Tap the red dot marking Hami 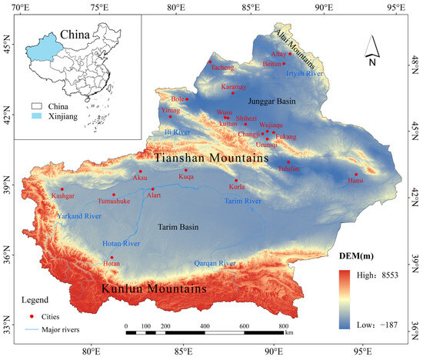click(x=356, y=175)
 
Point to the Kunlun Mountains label click(x=155, y=289)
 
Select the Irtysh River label click(x=305, y=74)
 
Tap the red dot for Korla click(x=236, y=180)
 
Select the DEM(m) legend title click(x=355, y=255)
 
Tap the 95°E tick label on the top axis click(x=396, y=8)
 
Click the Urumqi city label click(x=268, y=144)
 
